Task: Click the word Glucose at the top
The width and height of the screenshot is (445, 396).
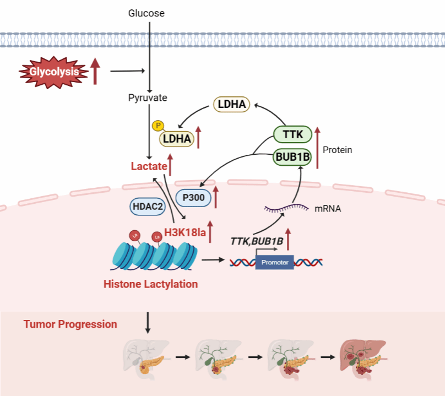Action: click(x=146, y=13)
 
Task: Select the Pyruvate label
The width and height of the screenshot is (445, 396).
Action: click(x=147, y=98)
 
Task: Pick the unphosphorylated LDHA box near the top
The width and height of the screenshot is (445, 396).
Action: click(x=231, y=104)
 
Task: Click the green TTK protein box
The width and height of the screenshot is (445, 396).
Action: click(x=292, y=134)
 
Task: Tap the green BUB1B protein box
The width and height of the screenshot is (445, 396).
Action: click(x=292, y=158)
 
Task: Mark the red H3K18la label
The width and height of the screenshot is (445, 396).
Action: click(x=185, y=233)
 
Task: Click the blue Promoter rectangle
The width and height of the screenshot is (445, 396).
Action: click(x=275, y=262)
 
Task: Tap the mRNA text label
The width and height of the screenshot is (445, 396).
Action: click(x=327, y=209)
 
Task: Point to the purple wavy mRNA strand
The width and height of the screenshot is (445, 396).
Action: click(x=286, y=208)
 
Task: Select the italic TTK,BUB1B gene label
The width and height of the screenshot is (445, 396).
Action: click(x=256, y=241)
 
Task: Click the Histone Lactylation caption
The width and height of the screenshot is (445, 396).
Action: click(x=150, y=284)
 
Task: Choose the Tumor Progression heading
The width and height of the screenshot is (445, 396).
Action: click(x=70, y=324)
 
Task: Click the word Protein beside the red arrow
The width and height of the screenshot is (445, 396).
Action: click(x=338, y=150)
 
